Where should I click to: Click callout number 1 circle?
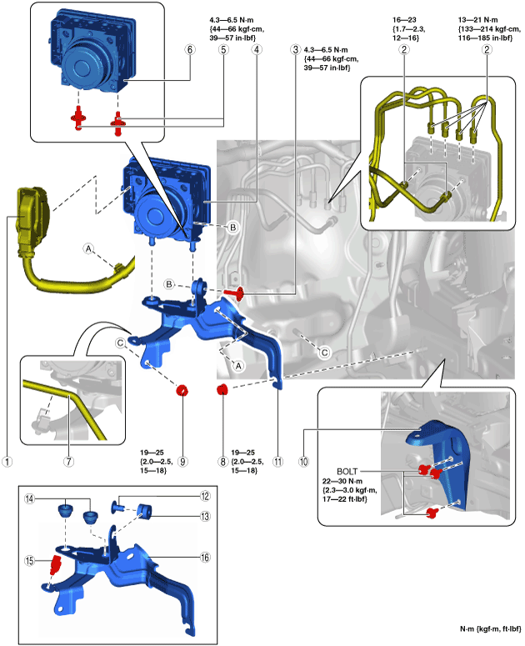7,459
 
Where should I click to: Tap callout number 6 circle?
189,50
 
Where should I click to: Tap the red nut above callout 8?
222,390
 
